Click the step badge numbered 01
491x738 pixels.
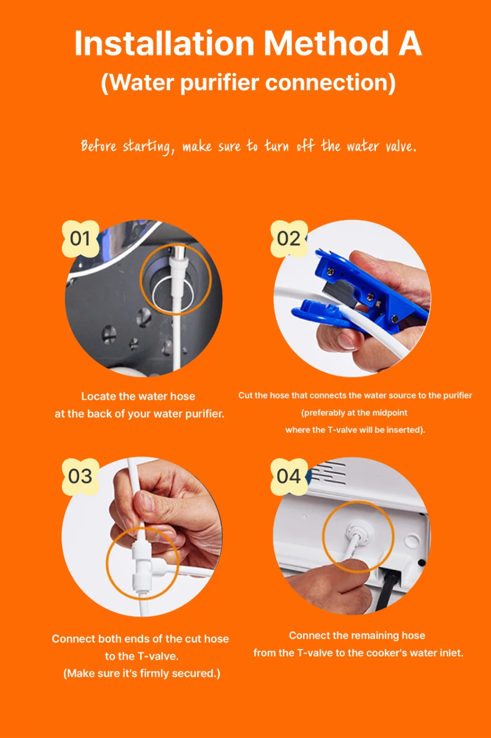tap(81, 239)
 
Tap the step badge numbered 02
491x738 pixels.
tap(289, 239)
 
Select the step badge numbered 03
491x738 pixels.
tap(81, 476)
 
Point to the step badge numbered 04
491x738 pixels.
tap(289, 476)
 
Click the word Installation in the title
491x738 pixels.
tap(164, 44)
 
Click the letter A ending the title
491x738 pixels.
tap(410, 44)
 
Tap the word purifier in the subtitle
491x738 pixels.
tap(221, 83)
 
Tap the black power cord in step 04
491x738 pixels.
tap(389, 590)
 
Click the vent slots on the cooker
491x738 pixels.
tap(328, 473)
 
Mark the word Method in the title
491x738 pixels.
tap(326, 44)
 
